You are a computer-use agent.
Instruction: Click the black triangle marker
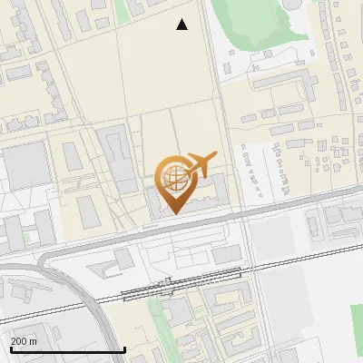tap(182, 25)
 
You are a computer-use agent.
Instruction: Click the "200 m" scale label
tap(24, 341)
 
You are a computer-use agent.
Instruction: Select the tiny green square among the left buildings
tap(27, 237)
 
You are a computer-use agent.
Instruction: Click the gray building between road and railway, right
tap(227, 254)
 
